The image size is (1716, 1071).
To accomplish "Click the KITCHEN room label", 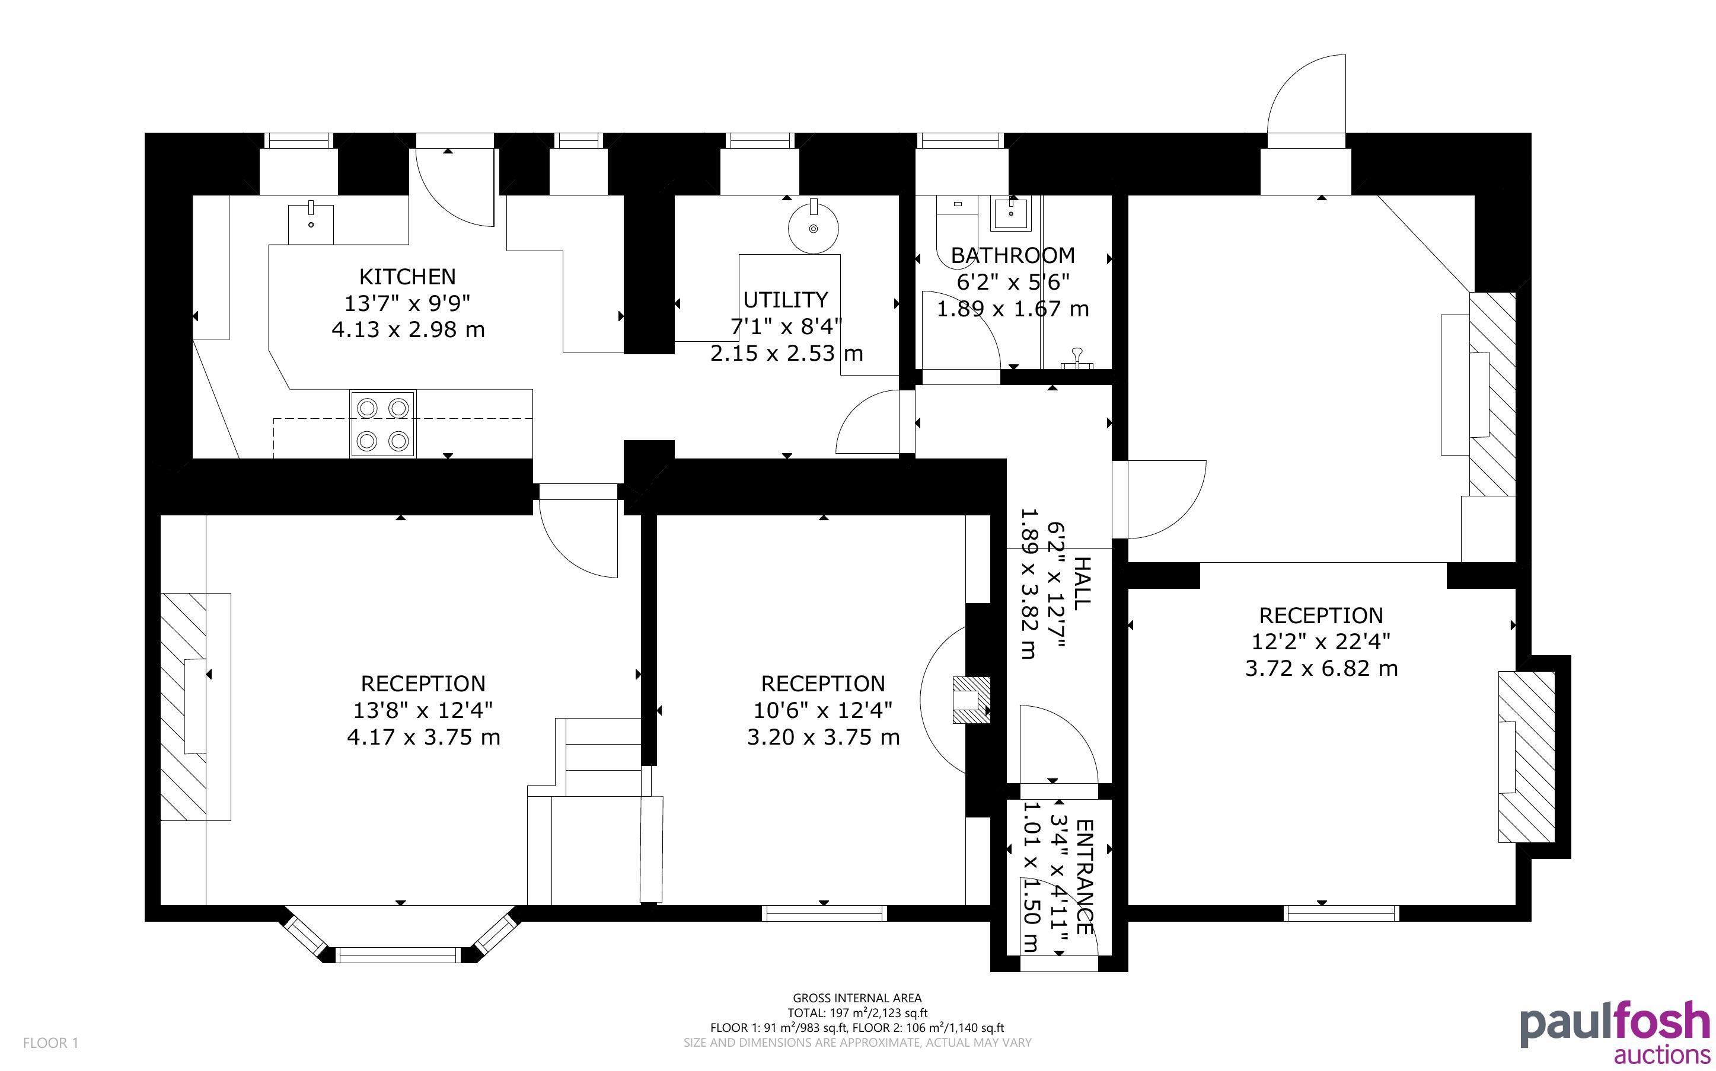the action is pyautogui.click(x=407, y=276).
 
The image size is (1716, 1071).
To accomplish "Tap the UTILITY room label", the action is pyautogui.click(x=785, y=300).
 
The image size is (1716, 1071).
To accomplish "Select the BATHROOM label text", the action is pyautogui.click(x=1013, y=255).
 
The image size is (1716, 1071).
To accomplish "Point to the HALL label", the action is pyautogui.click(x=1082, y=583).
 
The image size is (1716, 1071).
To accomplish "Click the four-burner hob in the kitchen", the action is pyautogui.click(x=383, y=424).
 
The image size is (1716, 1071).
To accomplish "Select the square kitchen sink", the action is pyautogui.click(x=311, y=224).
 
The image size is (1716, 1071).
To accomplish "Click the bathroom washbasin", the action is pyautogui.click(x=1011, y=213).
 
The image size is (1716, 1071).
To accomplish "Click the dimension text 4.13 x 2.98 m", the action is pyautogui.click(x=409, y=330).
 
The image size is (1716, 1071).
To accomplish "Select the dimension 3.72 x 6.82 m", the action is pyautogui.click(x=1321, y=669).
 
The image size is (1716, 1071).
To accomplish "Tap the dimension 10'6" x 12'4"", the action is pyautogui.click(x=823, y=710).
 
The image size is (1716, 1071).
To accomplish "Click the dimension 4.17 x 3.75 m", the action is pyautogui.click(x=423, y=737).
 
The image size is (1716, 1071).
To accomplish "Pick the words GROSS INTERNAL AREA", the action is pyautogui.click(x=857, y=999).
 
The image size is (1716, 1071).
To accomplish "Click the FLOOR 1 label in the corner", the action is pyautogui.click(x=50, y=1043).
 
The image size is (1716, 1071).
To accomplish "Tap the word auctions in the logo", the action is pyautogui.click(x=1661, y=1054).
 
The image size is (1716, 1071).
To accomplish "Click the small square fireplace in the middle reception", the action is pyautogui.click(x=971, y=700).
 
